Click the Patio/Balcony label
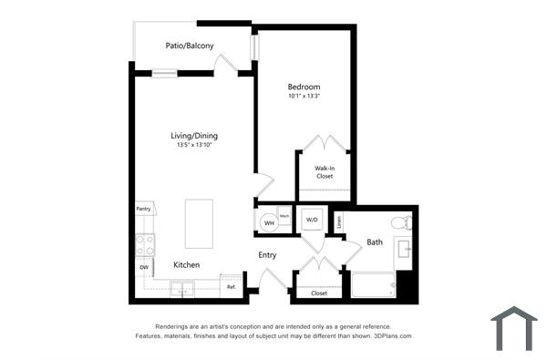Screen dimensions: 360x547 click(x=190, y=45)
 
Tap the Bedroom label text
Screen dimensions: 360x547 click(x=304, y=87)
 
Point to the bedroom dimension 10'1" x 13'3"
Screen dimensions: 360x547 click(x=304, y=96)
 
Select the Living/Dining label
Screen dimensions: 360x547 click(x=197, y=136)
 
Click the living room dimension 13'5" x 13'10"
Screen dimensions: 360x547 click(x=197, y=145)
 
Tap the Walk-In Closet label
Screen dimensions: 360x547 click(x=325, y=172)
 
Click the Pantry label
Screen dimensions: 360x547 click(x=143, y=209)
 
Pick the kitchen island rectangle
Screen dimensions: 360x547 click(x=199, y=223)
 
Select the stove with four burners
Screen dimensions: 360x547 click(x=145, y=243)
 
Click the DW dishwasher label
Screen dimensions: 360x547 click(x=143, y=267)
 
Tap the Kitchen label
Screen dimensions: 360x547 click(x=187, y=265)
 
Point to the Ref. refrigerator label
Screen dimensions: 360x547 click(x=232, y=287)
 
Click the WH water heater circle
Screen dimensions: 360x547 click(x=269, y=222)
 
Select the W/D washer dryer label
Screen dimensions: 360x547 click(x=311, y=220)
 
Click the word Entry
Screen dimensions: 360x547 click(x=267, y=255)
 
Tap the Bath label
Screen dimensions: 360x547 click(x=375, y=242)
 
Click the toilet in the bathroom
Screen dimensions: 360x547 click(x=401, y=222)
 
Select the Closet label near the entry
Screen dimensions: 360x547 click(x=319, y=293)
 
